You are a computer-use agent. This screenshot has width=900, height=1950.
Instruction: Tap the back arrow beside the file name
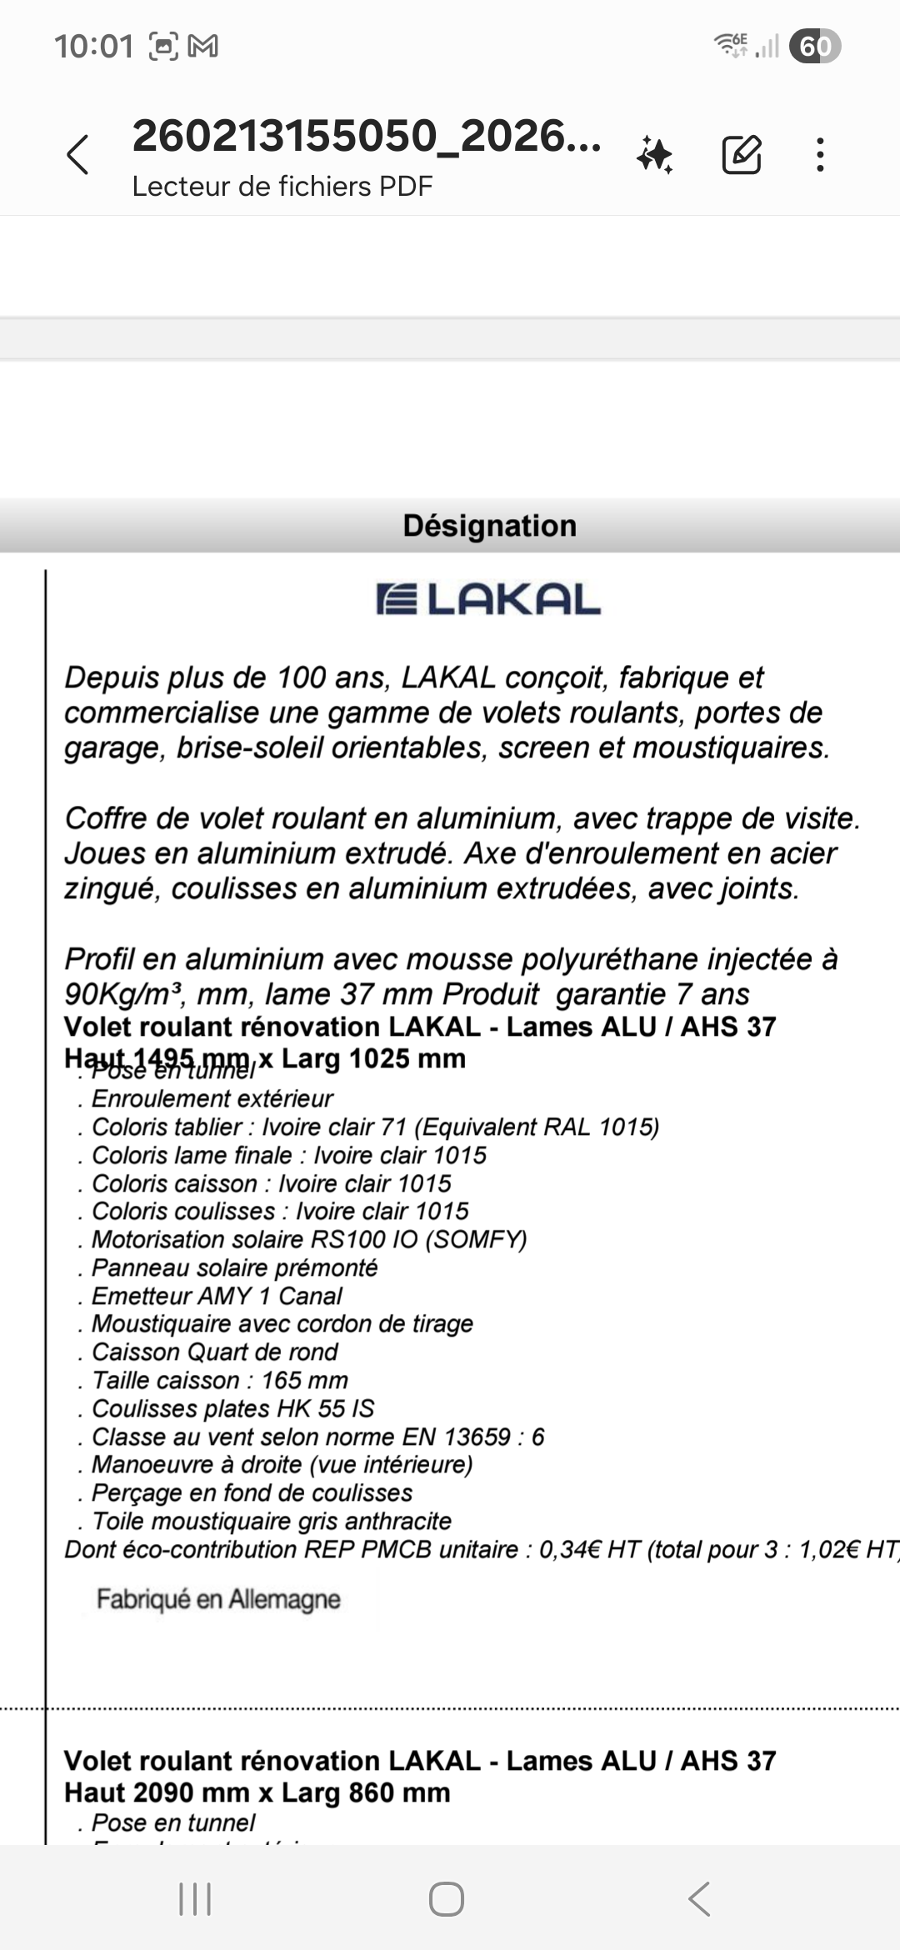(x=77, y=155)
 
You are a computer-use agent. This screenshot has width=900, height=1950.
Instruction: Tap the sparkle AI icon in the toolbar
(x=655, y=155)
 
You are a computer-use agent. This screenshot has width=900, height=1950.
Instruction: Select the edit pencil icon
(x=741, y=154)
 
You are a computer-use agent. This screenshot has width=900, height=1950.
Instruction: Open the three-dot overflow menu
(x=821, y=155)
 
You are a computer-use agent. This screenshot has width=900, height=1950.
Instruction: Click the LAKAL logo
(x=489, y=600)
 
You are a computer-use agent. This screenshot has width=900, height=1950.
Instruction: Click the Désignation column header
(x=489, y=526)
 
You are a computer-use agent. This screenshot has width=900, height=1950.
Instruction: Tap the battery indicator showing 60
(x=814, y=46)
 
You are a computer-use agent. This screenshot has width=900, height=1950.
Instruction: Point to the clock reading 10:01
(x=93, y=47)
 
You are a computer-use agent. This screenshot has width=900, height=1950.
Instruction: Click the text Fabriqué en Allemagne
(x=218, y=1598)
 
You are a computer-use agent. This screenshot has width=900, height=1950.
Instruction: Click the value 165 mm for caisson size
(x=304, y=1380)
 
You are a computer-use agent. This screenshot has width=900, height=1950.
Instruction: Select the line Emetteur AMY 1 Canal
(x=217, y=1296)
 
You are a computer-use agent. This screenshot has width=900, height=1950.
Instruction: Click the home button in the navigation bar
(x=447, y=1899)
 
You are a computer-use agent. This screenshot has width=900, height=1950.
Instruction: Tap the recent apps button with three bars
(x=195, y=1899)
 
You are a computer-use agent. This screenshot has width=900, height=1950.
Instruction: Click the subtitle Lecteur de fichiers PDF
(x=282, y=186)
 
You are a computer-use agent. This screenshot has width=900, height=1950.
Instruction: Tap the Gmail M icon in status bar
(x=203, y=47)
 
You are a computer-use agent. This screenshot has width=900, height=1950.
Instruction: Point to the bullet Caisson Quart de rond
(x=214, y=1352)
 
